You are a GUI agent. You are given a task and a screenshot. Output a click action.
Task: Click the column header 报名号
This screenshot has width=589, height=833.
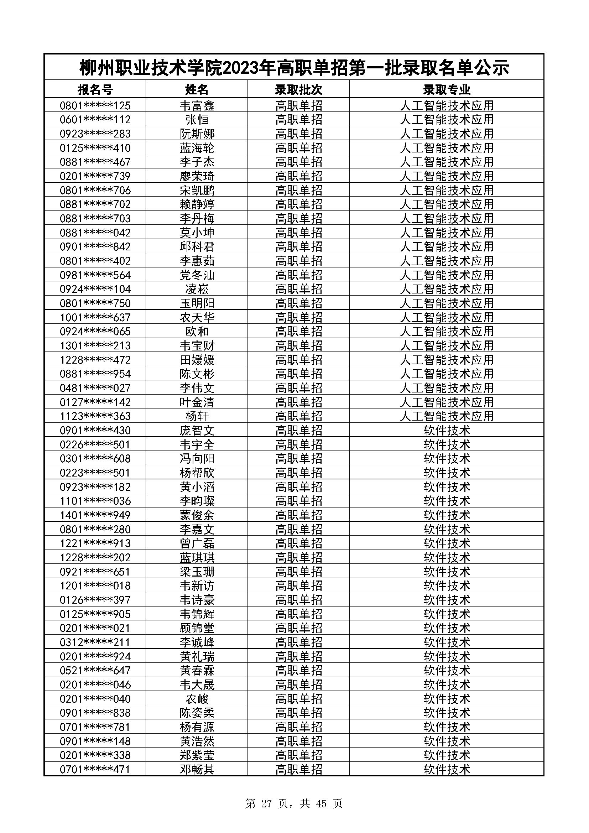click(x=95, y=89)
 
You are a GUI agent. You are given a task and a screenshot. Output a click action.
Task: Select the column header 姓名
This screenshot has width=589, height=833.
click(x=197, y=89)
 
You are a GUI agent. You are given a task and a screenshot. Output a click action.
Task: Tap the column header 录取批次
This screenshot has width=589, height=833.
click(x=298, y=89)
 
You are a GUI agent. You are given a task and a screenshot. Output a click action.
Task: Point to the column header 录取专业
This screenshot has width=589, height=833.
click(x=447, y=89)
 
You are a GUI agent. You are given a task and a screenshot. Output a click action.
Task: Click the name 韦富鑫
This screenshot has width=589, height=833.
click(x=197, y=105)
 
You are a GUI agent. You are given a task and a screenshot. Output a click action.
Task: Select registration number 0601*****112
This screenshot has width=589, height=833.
click(x=95, y=119)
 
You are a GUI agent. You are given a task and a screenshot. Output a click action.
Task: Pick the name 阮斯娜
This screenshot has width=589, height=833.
click(x=197, y=134)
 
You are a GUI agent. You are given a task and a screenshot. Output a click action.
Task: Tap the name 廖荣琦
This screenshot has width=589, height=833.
click(x=197, y=176)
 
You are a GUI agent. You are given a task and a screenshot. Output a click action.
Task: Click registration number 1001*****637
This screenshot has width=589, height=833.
click(x=95, y=317)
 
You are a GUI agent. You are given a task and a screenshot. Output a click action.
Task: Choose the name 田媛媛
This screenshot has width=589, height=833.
click(x=197, y=360)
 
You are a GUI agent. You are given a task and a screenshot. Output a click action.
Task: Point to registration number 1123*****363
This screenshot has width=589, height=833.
click(x=95, y=416)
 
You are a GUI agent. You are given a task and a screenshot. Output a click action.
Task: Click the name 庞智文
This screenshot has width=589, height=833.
click(x=197, y=431)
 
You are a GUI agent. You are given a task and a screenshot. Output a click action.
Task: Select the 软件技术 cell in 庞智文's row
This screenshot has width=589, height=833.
click(x=447, y=431)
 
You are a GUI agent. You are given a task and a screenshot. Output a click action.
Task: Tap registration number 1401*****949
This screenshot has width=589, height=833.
click(x=95, y=515)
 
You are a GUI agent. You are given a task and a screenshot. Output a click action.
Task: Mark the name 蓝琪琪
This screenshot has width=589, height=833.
click(x=197, y=558)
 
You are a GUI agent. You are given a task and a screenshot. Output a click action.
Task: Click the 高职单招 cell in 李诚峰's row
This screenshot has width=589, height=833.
click(x=298, y=642)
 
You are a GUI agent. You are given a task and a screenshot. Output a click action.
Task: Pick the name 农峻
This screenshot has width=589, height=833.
click(x=197, y=699)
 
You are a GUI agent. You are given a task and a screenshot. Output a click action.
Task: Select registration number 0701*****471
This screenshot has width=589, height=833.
click(x=95, y=770)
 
